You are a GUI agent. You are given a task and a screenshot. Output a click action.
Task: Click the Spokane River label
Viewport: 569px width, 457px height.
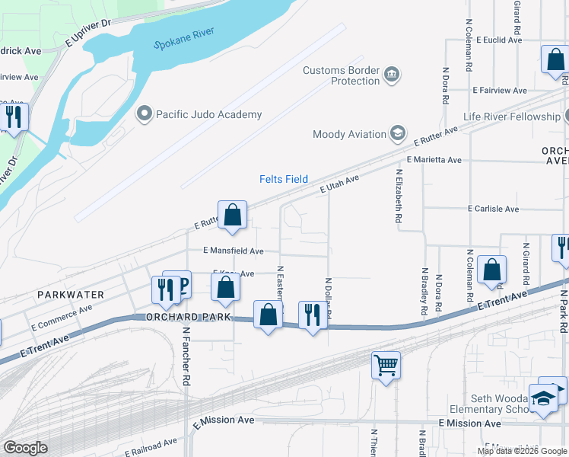point(184,39)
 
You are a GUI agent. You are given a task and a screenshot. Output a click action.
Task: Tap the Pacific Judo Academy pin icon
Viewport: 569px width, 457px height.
point(144,114)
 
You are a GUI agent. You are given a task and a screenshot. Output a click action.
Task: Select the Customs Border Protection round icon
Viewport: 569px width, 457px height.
point(392,74)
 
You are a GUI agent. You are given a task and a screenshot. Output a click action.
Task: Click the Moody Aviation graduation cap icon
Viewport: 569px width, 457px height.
point(397,134)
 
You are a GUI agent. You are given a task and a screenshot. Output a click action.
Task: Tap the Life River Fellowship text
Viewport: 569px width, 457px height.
point(511,117)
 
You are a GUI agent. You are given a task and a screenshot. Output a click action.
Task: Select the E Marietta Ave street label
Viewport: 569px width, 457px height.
point(434,161)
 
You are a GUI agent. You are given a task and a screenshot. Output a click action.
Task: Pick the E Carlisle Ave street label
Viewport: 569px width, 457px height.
point(493,208)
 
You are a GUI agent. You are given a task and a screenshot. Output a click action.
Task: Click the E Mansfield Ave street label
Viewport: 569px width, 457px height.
point(233,251)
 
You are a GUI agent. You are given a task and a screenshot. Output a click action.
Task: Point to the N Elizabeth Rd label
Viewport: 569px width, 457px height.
point(399,196)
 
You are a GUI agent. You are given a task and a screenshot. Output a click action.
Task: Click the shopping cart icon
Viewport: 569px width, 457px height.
point(386,366)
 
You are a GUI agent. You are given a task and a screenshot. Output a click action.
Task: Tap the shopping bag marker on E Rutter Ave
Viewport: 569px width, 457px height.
point(233,215)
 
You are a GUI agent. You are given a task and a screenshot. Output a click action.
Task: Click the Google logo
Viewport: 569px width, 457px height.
point(25,448)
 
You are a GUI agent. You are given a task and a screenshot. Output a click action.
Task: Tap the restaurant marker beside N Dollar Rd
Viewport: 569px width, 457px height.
point(312,314)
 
